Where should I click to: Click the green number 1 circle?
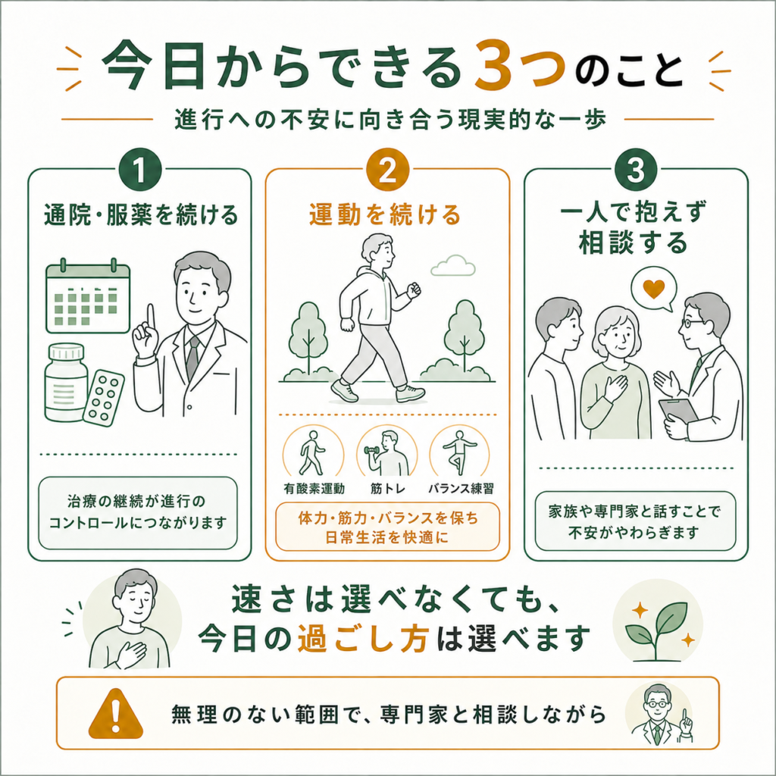pyautogui.click(x=140, y=170)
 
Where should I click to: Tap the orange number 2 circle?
pyautogui.click(x=387, y=170)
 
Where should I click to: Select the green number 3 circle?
pyautogui.click(x=636, y=170)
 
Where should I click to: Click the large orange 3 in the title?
pyautogui.click(x=493, y=67)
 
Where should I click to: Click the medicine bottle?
pyautogui.click(x=66, y=383)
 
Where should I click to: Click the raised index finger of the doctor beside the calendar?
pyautogui.click(x=152, y=317)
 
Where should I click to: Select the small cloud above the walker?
pyautogui.click(x=453, y=266)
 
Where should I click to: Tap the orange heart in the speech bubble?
pyautogui.click(x=653, y=289)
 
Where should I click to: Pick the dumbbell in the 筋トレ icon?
pyautogui.click(x=371, y=450)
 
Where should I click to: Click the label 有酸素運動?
pyautogui.click(x=314, y=489)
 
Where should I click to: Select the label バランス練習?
pyautogui.click(x=461, y=489)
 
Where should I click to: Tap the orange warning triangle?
pyautogui.click(x=116, y=713)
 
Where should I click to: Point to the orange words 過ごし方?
pyautogui.click(x=363, y=639)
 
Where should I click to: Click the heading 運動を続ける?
pyautogui.click(x=385, y=214)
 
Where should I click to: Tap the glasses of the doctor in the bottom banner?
pyautogui.click(x=658, y=703)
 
